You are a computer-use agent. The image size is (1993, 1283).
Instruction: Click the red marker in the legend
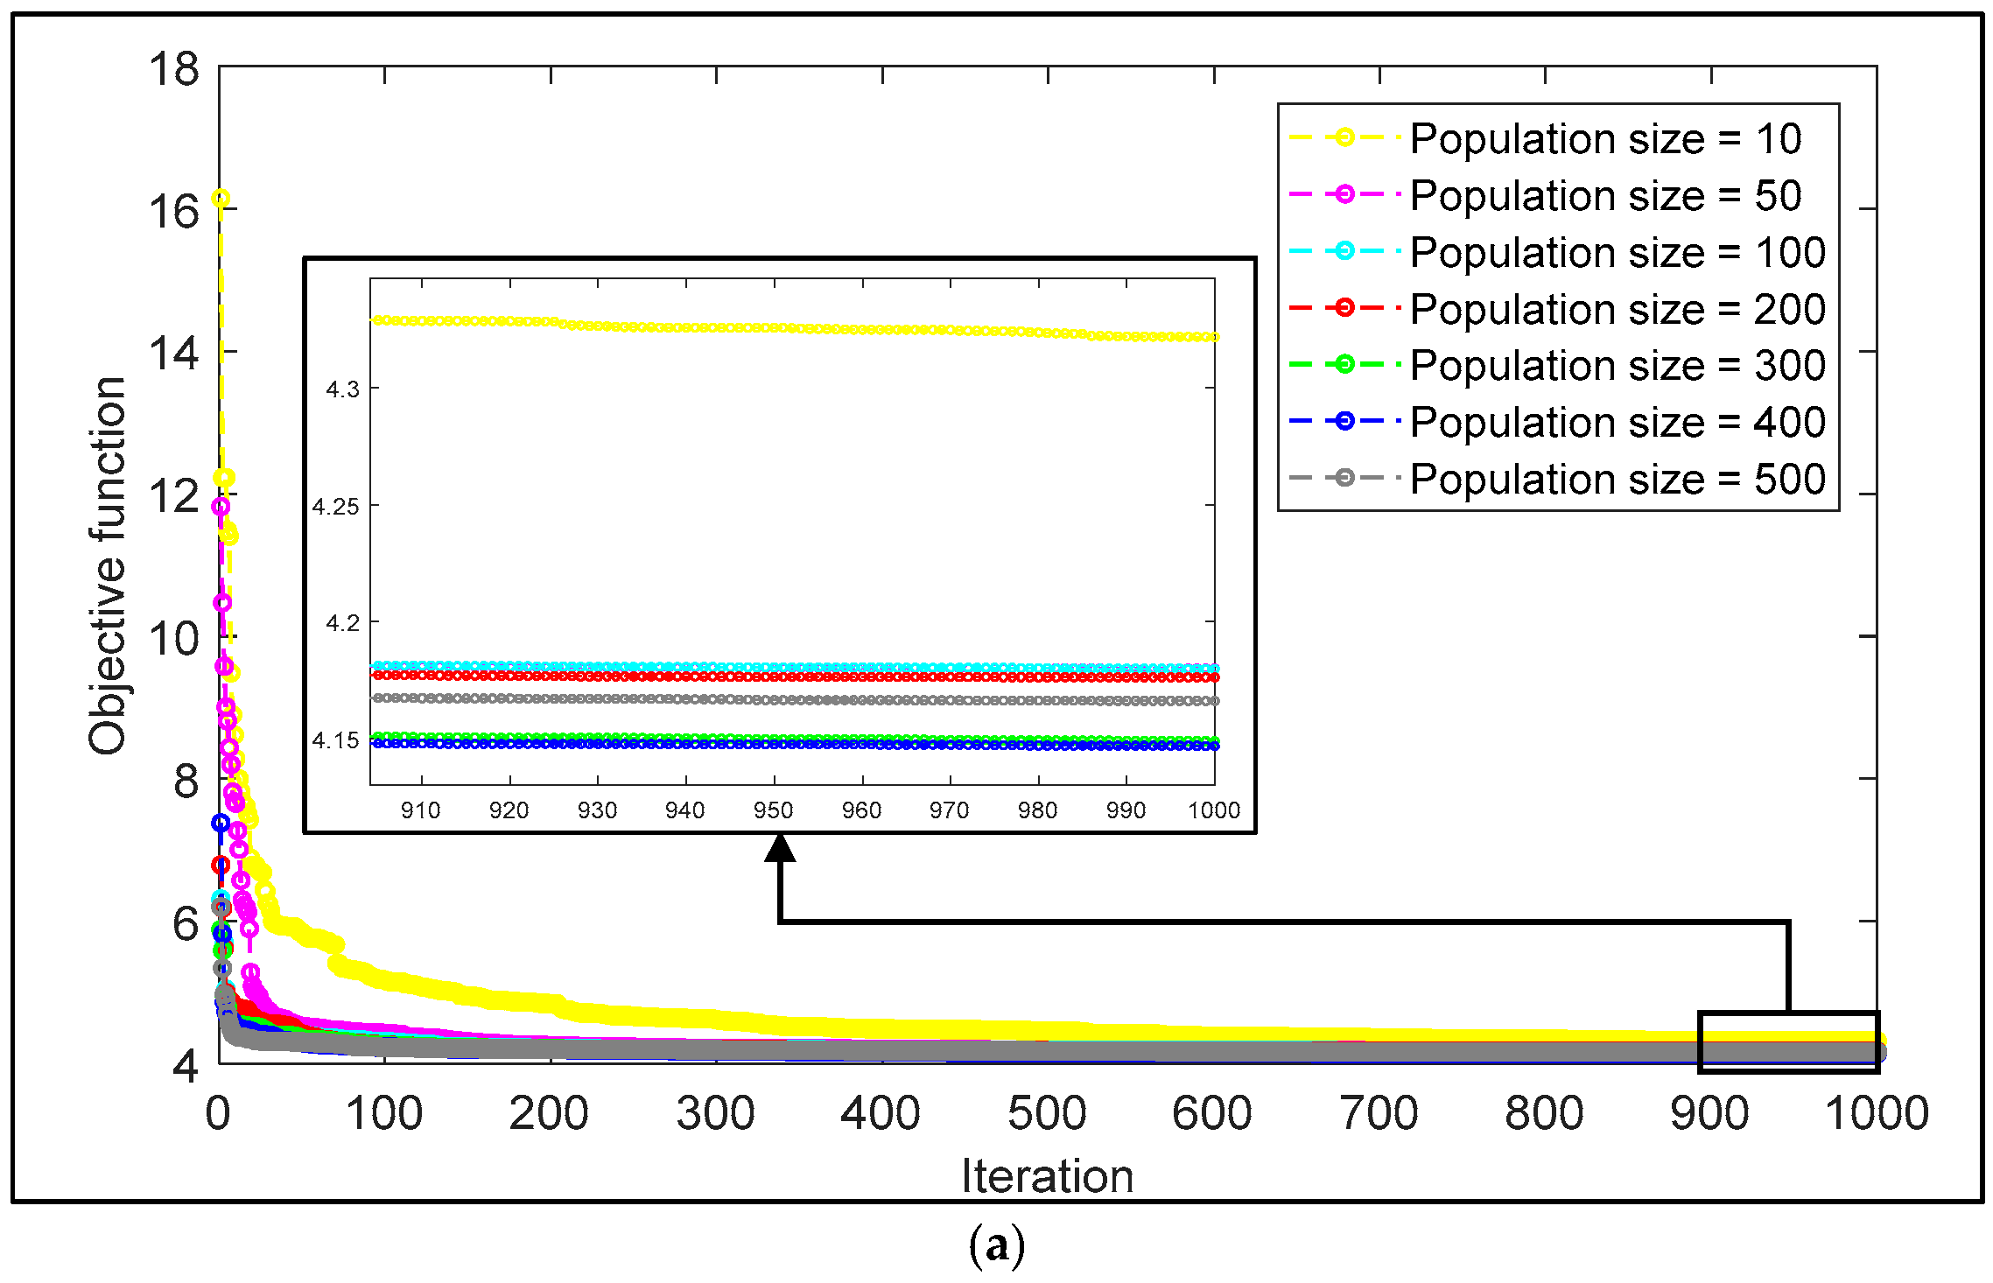(x=1344, y=307)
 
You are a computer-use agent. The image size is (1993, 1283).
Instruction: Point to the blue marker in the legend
(x=1344, y=421)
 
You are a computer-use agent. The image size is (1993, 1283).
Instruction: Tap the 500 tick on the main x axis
(x=1047, y=1113)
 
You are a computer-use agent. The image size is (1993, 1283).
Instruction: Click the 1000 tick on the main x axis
(x=1876, y=1113)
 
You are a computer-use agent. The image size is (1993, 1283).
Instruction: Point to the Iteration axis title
(x=1047, y=1175)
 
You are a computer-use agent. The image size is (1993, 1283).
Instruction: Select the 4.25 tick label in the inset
(x=336, y=507)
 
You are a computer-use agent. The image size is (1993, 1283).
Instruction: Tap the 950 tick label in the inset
(x=774, y=810)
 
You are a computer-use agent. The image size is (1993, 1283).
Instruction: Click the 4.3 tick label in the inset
(x=342, y=389)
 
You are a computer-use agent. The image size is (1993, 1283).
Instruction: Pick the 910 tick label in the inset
(x=421, y=810)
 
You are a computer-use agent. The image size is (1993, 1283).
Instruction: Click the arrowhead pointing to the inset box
(x=780, y=848)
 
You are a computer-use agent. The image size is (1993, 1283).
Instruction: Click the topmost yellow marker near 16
(x=221, y=199)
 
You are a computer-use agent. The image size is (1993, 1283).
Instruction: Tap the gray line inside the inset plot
(x=788, y=700)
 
